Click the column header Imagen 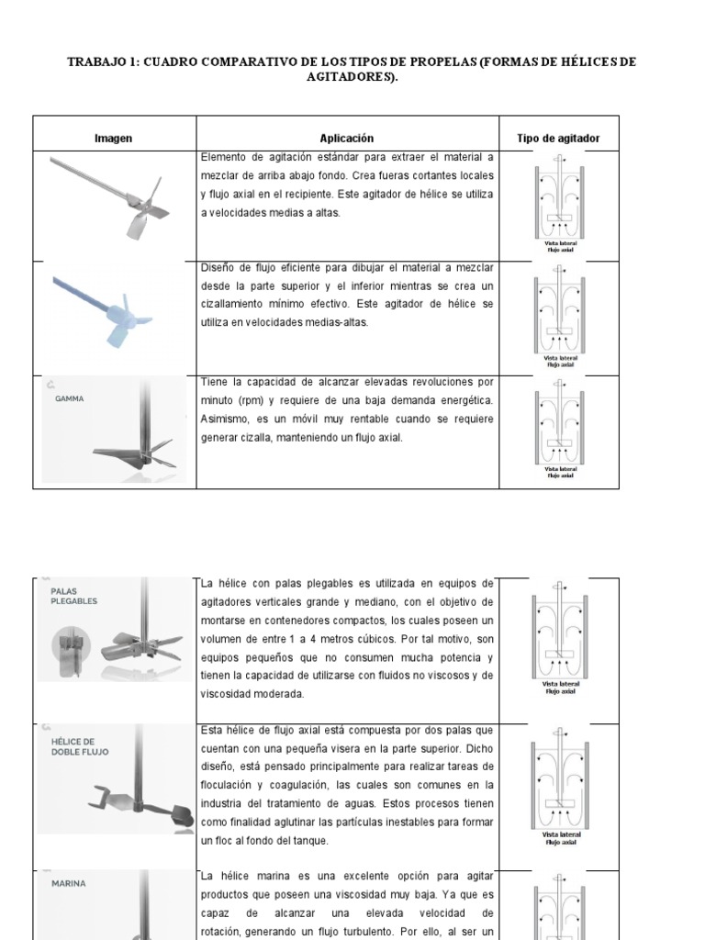(113, 138)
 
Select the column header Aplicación (346, 138)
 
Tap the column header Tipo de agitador (558, 138)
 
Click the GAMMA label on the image (70, 399)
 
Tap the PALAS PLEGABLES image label (73, 596)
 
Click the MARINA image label (69, 884)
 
